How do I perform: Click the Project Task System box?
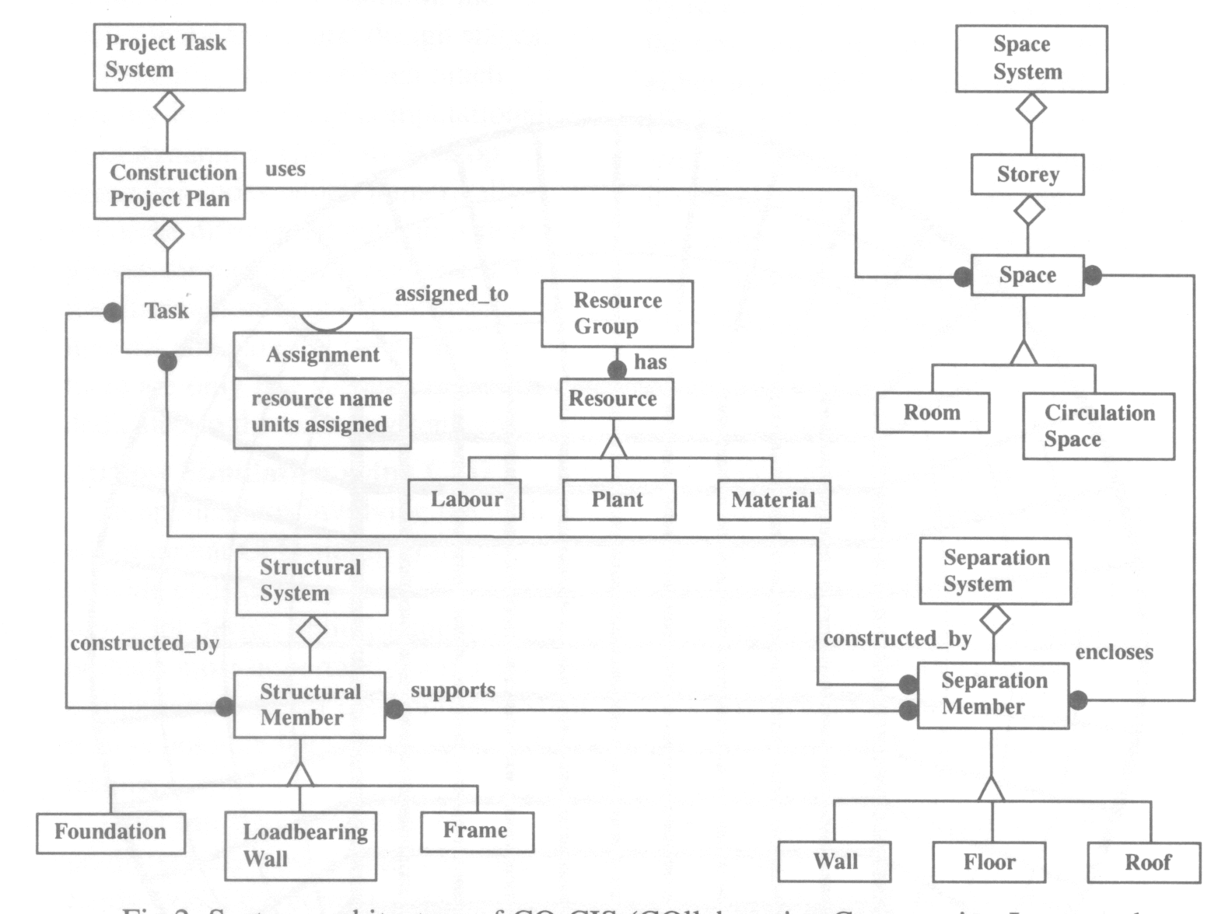170,57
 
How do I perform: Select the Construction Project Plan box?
170,186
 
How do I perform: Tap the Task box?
166,312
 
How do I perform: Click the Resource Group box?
617,313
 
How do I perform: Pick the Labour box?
464,500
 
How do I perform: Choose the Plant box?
619,500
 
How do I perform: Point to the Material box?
774,501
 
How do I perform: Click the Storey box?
1027,175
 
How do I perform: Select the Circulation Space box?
1098,426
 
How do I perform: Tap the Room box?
933,413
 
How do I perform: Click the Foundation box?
110,832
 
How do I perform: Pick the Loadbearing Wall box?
301,846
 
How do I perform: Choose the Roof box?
1144,863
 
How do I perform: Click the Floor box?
989,863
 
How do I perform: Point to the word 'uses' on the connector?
285,169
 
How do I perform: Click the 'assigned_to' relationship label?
452,294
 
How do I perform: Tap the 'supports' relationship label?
453,690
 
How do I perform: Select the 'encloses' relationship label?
1114,652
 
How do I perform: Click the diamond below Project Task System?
169,106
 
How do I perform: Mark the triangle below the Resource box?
614,445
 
